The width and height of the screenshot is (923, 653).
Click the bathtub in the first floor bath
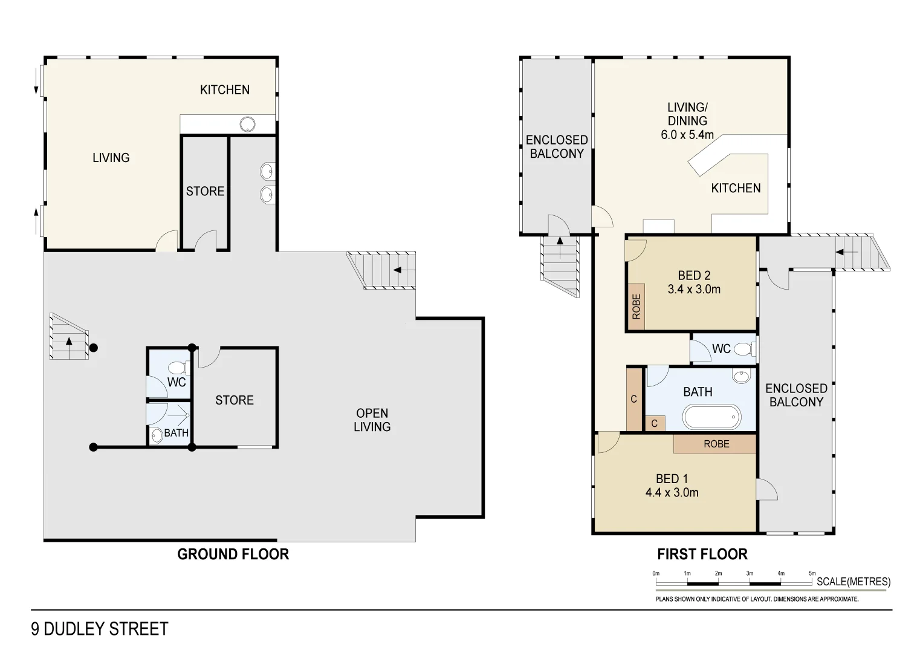(711, 417)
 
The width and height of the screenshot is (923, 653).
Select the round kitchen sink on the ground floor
(247, 125)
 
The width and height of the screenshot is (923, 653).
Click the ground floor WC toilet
(178, 368)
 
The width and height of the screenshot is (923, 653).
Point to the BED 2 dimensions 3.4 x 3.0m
(694, 290)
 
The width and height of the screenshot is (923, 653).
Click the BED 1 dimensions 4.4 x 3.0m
(672, 493)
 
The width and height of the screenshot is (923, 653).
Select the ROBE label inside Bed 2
(636, 307)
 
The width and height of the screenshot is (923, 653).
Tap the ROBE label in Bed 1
(716, 444)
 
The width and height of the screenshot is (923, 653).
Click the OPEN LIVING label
(372, 420)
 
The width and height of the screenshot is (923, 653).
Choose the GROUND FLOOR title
(233, 554)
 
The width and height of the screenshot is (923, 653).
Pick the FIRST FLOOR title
(702, 554)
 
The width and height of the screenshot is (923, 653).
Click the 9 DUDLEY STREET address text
(100, 629)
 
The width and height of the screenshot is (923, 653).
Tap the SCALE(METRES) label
(853, 582)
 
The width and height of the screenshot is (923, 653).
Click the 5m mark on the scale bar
(812, 574)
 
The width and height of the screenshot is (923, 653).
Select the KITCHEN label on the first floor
(736, 188)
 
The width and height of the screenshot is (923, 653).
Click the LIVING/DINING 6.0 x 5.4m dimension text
(687, 135)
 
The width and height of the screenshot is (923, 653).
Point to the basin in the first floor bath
(740, 377)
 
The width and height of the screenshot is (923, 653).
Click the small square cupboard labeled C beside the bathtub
(655, 423)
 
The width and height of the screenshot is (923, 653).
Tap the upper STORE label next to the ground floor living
(205, 191)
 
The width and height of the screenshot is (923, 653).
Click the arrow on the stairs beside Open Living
(404, 270)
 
